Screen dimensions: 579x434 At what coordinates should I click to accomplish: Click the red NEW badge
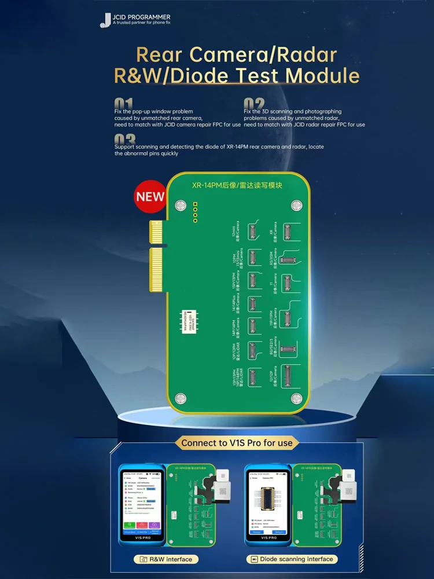pyautogui.click(x=150, y=196)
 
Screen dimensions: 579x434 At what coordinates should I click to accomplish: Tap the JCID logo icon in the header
pyautogui.click(x=105, y=20)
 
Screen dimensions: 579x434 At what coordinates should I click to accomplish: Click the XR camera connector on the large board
pyautogui.click(x=286, y=232)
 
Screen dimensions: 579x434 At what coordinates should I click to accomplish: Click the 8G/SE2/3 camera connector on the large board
pyautogui.click(x=288, y=349)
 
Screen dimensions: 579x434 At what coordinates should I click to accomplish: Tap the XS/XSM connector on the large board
pyautogui.click(x=287, y=259)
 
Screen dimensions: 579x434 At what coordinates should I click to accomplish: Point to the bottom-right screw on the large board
pyautogui.click(x=296, y=398)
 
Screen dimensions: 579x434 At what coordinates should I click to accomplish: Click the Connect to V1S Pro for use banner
pyautogui.click(x=238, y=443)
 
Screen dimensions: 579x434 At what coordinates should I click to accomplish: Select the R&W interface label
pyautogui.click(x=165, y=559)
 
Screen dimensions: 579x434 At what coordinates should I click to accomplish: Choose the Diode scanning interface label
pyautogui.click(x=292, y=559)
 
